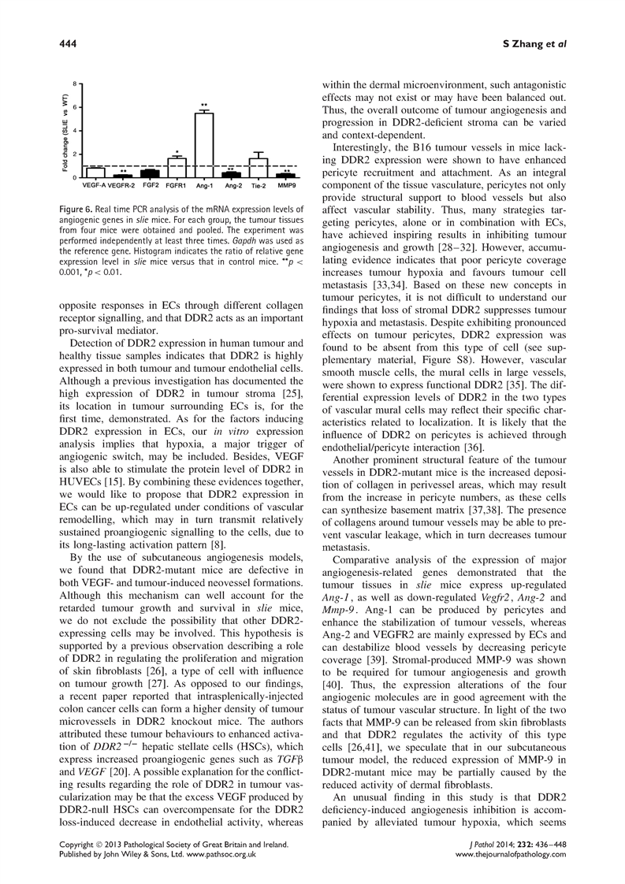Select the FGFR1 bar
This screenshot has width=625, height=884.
tap(177, 167)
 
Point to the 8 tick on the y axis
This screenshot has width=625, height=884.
tap(75, 83)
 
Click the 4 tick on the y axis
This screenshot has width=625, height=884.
tap(75, 130)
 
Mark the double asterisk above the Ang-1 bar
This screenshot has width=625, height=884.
tap(204, 105)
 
